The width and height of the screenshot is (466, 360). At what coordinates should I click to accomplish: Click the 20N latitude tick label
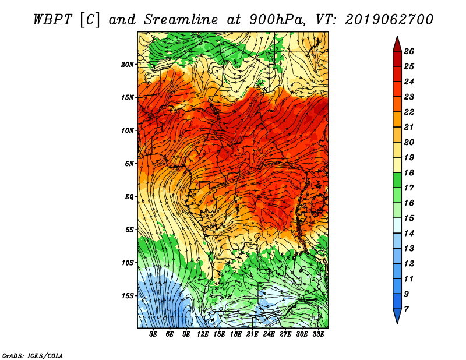tap(127, 65)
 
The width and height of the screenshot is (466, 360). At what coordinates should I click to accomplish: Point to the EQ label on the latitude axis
tap(129, 197)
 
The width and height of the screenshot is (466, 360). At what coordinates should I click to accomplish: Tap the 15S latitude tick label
tap(128, 296)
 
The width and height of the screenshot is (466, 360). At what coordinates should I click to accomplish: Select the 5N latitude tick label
tap(129, 164)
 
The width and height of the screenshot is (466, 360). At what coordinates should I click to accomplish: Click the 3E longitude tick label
tap(153, 334)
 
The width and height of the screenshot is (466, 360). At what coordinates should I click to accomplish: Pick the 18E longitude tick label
tap(236, 334)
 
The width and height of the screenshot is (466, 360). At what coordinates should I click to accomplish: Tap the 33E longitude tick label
tap(318, 334)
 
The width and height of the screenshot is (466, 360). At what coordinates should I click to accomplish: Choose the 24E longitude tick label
tap(269, 334)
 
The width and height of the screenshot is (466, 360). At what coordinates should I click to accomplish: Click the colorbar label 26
tap(409, 51)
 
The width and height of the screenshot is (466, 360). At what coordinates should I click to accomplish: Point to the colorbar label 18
tap(409, 172)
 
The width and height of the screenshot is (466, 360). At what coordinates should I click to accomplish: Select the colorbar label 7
tap(407, 309)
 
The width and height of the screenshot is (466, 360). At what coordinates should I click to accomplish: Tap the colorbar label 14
tap(409, 234)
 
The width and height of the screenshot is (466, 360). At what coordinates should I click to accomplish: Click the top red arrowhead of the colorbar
tap(397, 44)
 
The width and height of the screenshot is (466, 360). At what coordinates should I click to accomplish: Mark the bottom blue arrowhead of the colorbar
tap(397, 316)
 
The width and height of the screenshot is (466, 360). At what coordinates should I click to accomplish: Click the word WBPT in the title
tap(52, 20)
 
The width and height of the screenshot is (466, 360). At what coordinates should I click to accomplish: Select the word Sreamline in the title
tap(181, 20)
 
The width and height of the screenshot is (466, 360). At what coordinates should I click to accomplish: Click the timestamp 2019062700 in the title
tap(389, 20)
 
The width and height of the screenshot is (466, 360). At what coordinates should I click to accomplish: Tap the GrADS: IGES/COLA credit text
tap(33, 356)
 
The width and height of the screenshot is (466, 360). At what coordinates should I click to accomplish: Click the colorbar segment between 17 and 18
tap(397, 180)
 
